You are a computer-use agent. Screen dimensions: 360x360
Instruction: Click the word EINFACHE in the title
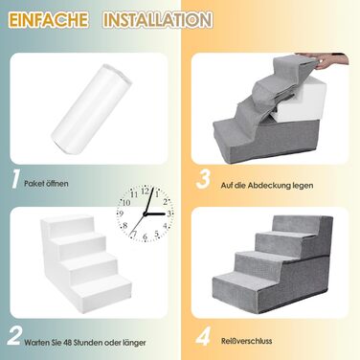click(x=48, y=20)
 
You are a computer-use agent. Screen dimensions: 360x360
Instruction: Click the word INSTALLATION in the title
click(x=157, y=20)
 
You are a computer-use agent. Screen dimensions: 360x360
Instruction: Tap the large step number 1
click(x=15, y=179)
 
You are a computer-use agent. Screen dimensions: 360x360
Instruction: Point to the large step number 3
click(x=204, y=179)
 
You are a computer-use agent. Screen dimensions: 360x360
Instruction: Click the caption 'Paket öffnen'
click(x=46, y=184)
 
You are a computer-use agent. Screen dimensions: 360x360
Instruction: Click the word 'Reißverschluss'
click(x=247, y=341)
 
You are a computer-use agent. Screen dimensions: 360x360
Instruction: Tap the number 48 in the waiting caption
click(x=67, y=343)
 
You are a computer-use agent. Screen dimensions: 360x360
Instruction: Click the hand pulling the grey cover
click(x=331, y=61)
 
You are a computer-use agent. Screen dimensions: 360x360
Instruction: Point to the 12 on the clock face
click(x=146, y=191)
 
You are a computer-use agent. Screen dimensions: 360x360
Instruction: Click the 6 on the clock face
click(x=146, y=237)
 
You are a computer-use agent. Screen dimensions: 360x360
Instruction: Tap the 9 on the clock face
click(x=122, y=214)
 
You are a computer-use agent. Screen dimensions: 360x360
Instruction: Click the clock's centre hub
click(x=146, y=214)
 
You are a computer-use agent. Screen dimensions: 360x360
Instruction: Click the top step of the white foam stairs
click(x=69, y=222)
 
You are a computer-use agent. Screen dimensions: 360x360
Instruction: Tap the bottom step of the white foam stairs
click(x=101, y=289)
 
